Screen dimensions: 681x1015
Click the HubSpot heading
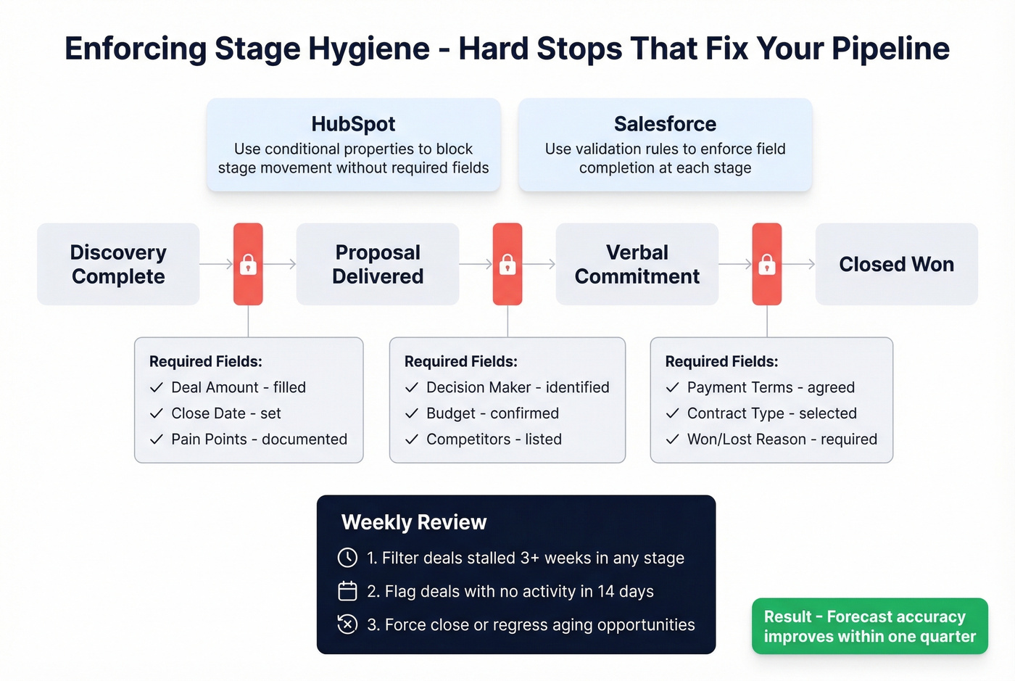pyautogui.click(x=353, y=124)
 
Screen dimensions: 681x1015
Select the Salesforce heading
pyautogui.click(x=665, y=124)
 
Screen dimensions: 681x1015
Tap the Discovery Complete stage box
pyautogui.click(x=118, y=264)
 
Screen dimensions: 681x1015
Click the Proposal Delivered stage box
pyautogui.click(x=378, y=264)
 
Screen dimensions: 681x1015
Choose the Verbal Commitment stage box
pyautogui.click(x=637, y=264)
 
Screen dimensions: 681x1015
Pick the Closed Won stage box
pyautogui.click(x=896, y=264)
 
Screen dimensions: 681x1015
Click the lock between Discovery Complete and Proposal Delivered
pyautogui.click(x=248, y=265)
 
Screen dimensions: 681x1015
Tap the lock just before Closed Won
pyautogui.click(x=767, y=265)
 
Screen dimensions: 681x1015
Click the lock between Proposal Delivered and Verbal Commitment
pyautogui.click(x=507, y=265)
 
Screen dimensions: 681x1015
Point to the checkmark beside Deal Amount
pyautogui.click(x=157, y=387)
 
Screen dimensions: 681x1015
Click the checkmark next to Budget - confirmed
pyautogui.click(x=412, y=413)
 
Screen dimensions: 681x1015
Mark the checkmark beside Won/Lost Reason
pyautogui.click(x=673, y=439)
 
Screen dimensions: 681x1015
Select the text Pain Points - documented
pyautogui.click(x=259, y=439)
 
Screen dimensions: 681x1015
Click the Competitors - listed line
pyautogui.click(x=494, y=439)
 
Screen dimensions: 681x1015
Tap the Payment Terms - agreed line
pyautogui.click(x=771, y=387)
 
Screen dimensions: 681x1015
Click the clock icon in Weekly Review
pyautogui.click(x=347, y=558)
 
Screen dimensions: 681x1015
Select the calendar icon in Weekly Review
pyautogui.click(x=347, y=591)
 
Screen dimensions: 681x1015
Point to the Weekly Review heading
pyautogui.click(x=414, y=522)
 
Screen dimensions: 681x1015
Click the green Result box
pyautogui.click(x=869, y=626)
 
